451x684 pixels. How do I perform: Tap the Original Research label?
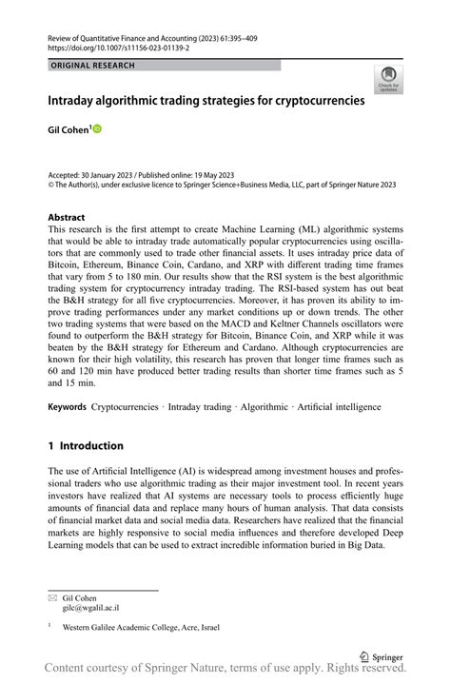[x=92, y=66]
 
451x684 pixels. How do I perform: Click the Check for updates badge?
[x=387, y=80]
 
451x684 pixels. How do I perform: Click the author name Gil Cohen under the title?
[x=68, y=128]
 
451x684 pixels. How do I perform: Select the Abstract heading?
[x=67, y=218]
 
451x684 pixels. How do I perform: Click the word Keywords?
[x=67, y=407]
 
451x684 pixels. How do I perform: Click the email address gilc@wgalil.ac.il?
[x=90, y=608]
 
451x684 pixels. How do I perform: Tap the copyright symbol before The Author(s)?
[x=51, y=186]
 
